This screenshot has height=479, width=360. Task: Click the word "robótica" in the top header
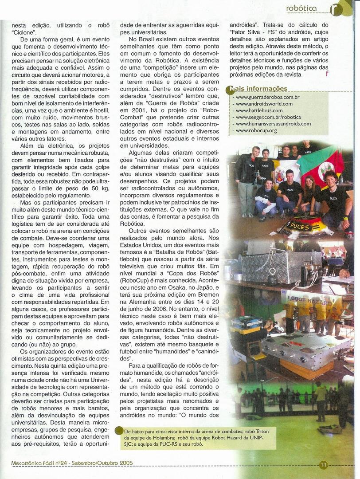click(301, 8)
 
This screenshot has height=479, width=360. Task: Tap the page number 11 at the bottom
click(323, 465)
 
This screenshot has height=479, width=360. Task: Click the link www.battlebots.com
click(259, 110)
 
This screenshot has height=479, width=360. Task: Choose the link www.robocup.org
click(256, 130)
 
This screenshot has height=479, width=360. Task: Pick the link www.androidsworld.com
click(264, 104)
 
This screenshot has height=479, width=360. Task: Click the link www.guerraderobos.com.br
click(267, 97)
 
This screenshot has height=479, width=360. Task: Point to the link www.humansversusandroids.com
click(273, 124)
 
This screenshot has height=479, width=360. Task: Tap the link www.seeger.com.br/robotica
click(268, 117)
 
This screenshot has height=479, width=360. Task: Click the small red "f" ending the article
click(327, 74)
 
